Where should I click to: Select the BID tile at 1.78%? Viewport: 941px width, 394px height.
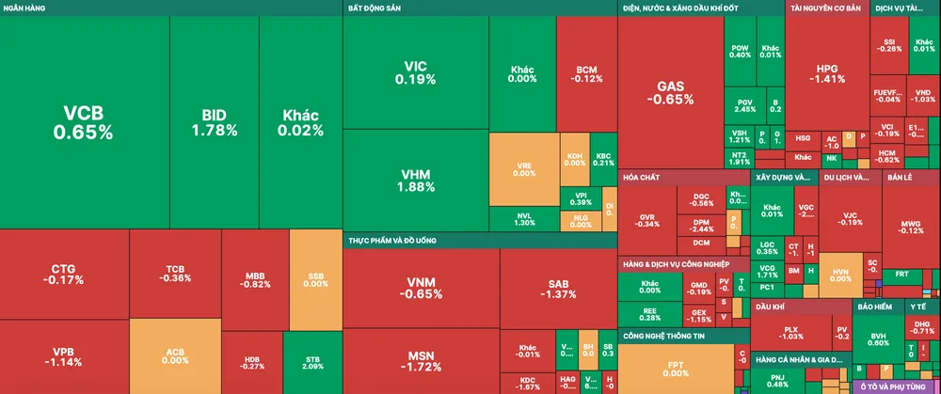point(214,122)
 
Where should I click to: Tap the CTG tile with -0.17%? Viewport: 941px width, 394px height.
point(64,274)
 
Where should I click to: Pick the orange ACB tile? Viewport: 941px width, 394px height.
point(175,355)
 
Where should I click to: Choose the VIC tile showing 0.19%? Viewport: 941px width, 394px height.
point(415,72)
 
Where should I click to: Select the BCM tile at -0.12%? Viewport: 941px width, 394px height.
point(586,73)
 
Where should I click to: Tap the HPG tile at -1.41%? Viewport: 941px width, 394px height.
point(827,73)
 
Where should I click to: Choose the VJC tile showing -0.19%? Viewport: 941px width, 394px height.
point(850,217)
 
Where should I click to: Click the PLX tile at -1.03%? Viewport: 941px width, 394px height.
point(791,331)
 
